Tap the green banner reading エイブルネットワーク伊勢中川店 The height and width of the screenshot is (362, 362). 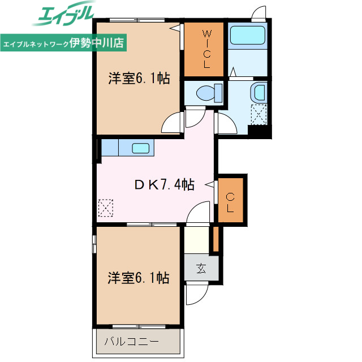[64, 42]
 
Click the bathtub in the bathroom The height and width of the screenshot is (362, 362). [248, 37]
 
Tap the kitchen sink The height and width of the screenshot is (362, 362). [140, 149]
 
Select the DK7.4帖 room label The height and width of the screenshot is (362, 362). [164, 184]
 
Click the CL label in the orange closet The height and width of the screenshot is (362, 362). [230, 202]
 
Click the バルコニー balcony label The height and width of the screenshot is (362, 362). [131, 342]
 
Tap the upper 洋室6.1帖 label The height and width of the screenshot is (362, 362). [139, 79]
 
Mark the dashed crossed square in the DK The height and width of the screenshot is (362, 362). [106, 208]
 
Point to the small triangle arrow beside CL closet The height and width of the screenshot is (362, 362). [209, 184]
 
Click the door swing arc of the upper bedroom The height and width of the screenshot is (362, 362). [171, 122]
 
